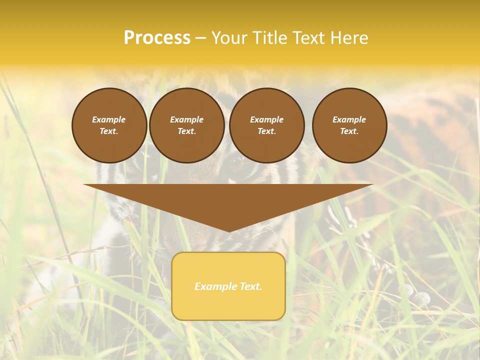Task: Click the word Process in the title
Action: point(157,38)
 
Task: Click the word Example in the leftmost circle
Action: point(109,119)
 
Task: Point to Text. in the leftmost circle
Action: point(109,131)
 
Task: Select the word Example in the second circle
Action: point(186,119)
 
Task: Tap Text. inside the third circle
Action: point(267,131)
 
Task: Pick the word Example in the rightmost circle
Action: point(349,119)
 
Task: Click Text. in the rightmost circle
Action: point(349,131)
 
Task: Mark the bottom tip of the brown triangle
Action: point(228,231)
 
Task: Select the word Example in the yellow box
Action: point(214,286)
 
